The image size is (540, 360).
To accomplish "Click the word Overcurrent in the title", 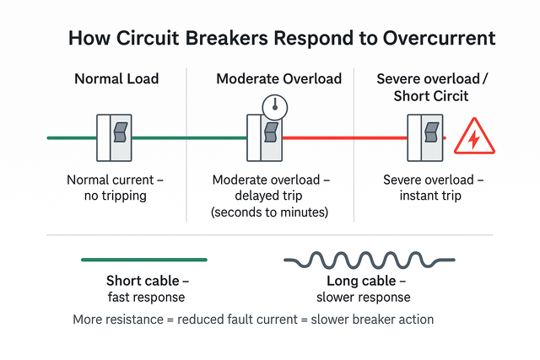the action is [x=439, y=38].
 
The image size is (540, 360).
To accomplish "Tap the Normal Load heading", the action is [x=116, y=78].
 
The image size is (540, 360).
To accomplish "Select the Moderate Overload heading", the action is [x=279, y=78].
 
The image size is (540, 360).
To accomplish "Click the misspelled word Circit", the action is [x=448, y=95].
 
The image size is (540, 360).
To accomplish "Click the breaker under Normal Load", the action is [x=114, y=137].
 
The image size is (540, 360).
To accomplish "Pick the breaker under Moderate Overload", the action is [x=264, y=137].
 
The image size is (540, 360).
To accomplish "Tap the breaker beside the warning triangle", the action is [x=425, y=137].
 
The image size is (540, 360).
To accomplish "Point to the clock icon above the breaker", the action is [x=275, y=108].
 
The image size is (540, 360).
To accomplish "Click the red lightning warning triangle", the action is [x=474, y=137].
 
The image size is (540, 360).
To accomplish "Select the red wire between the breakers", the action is [x=345, y=138].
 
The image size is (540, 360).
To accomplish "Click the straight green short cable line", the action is [x=144, y=260].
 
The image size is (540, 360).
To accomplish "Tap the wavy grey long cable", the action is [x=370, y=261].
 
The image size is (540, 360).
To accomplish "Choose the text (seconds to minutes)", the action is [x=269, y=212].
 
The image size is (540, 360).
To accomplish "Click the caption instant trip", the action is [x=430, y=196].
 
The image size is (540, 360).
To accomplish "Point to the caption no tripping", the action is [x=116, y=196].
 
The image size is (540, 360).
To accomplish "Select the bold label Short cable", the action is [x=143, y=281].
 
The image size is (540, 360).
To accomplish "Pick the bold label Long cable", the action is [x=361, y=281].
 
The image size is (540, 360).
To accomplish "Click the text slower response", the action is [x=364, y=297].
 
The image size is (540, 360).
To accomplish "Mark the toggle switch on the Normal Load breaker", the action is [x=121, y=132].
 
